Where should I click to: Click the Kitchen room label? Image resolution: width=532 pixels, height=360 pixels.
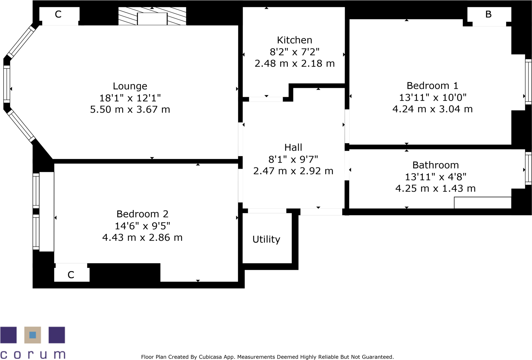click(294, 40)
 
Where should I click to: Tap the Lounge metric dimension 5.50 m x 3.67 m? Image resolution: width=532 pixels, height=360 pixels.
click(130, 110)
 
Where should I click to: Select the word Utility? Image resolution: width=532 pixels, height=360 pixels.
click(266, 239)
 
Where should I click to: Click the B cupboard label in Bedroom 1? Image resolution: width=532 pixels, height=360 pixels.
click(488, 14)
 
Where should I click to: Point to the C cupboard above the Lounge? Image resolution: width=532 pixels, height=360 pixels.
click(58, 15)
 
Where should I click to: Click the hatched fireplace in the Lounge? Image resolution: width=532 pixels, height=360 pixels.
click(152, 16)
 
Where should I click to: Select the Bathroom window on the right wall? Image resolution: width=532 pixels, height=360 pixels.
click(528, 168)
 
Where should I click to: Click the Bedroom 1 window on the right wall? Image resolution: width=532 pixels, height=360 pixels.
click(528, 82)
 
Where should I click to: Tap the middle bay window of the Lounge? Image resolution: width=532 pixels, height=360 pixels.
click(7, 84)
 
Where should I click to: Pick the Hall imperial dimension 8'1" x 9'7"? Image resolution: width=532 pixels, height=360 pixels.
click(293, 159)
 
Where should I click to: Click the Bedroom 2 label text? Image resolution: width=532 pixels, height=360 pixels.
click(142, 214)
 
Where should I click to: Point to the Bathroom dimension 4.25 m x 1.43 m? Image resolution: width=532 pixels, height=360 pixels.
click(435, 188)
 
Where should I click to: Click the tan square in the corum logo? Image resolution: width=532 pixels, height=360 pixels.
click(33, 335)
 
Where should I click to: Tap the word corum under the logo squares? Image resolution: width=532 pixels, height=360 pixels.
click(33, 354)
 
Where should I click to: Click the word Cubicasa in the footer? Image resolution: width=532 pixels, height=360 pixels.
click(210, 357)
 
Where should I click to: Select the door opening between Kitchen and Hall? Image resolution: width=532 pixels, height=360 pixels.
click(266, 99)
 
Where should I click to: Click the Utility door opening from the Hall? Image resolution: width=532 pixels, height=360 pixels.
click(267, 211)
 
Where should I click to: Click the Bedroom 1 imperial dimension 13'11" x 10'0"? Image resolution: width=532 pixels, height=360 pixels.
click(432, 98)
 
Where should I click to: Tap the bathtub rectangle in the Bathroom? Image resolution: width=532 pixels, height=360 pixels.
click(482, 203)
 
